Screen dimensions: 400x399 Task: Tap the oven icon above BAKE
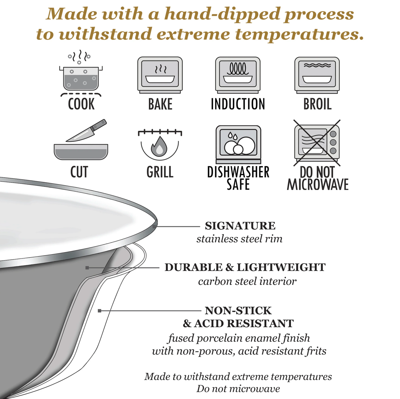tap(160, 75)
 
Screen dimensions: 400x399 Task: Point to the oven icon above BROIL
tap(317, 75)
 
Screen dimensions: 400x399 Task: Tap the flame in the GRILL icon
tap(159, 147)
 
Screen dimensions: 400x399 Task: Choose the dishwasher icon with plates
tap(238, 145)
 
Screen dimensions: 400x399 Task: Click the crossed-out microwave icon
tap(317, 143)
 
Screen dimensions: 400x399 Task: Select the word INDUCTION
tap(238, 104)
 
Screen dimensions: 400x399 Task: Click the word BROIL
tap(318, 104)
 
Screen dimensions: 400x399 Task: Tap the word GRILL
tap(160, 172)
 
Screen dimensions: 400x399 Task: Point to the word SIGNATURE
tap(240, 226)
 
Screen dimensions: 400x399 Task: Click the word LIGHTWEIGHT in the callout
tap(281, 267)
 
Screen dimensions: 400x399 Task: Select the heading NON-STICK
tap(238, 311)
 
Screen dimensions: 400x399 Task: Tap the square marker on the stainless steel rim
tap(154, 227)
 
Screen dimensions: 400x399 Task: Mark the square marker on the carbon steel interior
tap(87, 268)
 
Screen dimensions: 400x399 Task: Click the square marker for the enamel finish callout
tap(99, 311)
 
